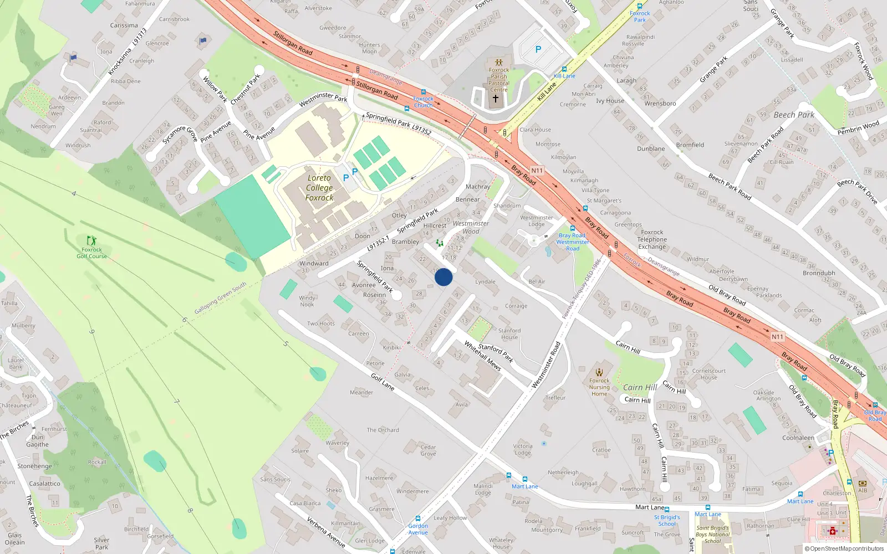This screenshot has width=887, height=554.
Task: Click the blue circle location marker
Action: (443, 277)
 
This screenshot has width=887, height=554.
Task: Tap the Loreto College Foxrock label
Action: (319, 188)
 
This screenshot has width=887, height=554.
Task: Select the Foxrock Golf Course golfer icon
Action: (91, 240)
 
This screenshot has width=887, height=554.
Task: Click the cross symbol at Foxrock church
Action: (496, 99)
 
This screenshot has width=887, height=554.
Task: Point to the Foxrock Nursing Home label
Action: (599, 387)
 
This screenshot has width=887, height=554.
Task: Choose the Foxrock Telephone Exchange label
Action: (652, 240)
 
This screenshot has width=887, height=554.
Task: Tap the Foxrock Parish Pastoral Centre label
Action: (499, 80)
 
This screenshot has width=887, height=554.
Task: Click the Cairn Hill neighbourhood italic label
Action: (640, 388)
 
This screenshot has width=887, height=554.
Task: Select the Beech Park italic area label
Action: (794, 115)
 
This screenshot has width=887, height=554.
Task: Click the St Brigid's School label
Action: (667, 520)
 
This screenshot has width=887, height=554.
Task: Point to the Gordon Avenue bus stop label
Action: (418, 529)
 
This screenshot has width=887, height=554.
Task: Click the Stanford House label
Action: (509, 334)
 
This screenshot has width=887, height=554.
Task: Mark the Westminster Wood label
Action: (471, 227)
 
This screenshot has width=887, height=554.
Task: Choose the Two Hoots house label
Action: (321, 324)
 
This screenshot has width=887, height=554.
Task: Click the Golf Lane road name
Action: (383, 382)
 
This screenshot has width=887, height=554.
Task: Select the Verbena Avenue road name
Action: (326, 532)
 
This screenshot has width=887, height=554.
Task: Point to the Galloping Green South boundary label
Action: (220, 299)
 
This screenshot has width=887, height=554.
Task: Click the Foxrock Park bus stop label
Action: (640, 17)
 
